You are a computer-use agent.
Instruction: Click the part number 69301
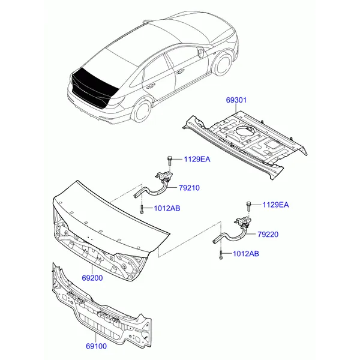point(236,100)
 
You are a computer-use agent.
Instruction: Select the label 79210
point(189,188)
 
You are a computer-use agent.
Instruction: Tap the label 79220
point(268,235)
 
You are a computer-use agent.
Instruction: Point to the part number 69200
point(92,278)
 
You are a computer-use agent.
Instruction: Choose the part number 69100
point(97,346)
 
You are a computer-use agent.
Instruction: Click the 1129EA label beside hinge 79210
point(197,159)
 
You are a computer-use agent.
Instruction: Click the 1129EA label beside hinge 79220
point(275,205)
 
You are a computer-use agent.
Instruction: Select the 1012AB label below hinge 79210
point(167,208)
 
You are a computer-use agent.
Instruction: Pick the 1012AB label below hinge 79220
point(246,254)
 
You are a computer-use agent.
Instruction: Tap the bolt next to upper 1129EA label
point(169,161)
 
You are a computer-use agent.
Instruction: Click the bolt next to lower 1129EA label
point(248,206)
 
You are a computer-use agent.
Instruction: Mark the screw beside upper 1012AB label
point(142,209)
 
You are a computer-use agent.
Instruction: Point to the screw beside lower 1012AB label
point(221,255)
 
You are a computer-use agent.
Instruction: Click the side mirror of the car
point(200,52)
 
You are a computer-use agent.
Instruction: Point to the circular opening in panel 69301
point(245,130)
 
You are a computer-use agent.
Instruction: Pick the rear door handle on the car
point(151,87)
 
